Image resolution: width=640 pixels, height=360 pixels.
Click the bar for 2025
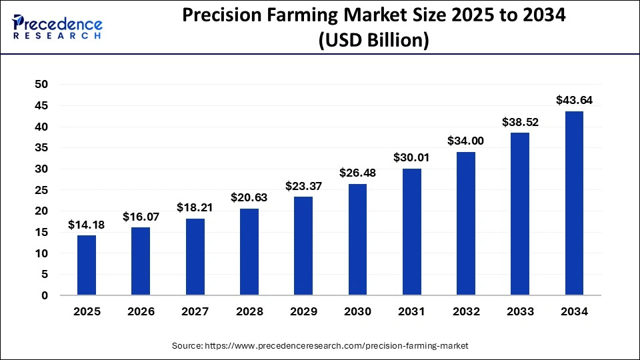click(x=87, y=265)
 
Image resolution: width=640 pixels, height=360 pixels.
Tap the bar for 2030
click(x=357, y=239)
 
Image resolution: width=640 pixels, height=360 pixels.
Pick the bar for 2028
click(x=249, y=252)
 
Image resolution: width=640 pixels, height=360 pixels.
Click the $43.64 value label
click(x=574, y=101)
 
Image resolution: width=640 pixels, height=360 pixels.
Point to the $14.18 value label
click(x=87, y=225)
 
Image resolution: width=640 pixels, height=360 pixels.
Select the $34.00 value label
click(x=466, y=141)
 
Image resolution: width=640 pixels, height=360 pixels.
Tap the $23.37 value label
click(x=303, y=186)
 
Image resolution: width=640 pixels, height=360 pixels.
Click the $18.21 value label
click(x=195, y=208)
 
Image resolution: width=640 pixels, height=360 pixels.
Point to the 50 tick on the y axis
click(x=41, y=84)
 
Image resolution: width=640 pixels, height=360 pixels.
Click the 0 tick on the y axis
click(x=45, y=295)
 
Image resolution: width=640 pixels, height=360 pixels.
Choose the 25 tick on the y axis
click(x=41, y=190)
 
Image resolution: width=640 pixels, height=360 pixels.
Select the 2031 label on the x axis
click(x=411, y=311)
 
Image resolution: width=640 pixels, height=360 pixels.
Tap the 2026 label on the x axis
click(x=141, y=311)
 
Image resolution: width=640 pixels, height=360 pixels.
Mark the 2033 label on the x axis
click(x=520, y=311)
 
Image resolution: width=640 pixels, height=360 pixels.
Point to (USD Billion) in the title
click(x=373, y=40)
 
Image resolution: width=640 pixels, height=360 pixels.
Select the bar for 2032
click(x=466, y=223)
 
